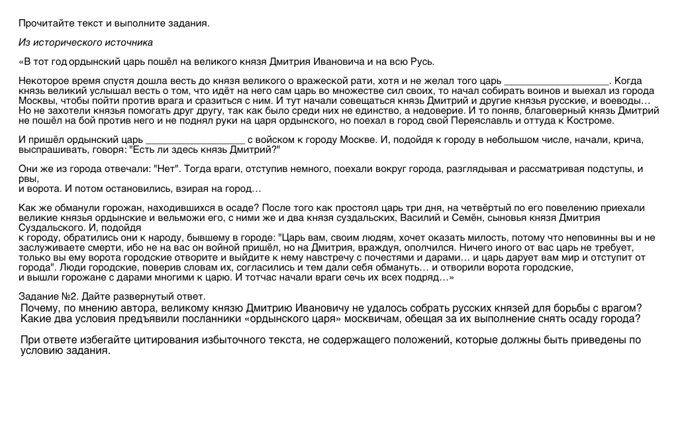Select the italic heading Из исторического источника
[x=85, y=43]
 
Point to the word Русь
[x=421, y=62]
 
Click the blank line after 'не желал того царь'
[x=556, y=81]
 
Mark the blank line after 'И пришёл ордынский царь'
[x=195, y=140]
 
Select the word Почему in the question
[x=38, y=308]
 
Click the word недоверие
[x=431, y=111]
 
